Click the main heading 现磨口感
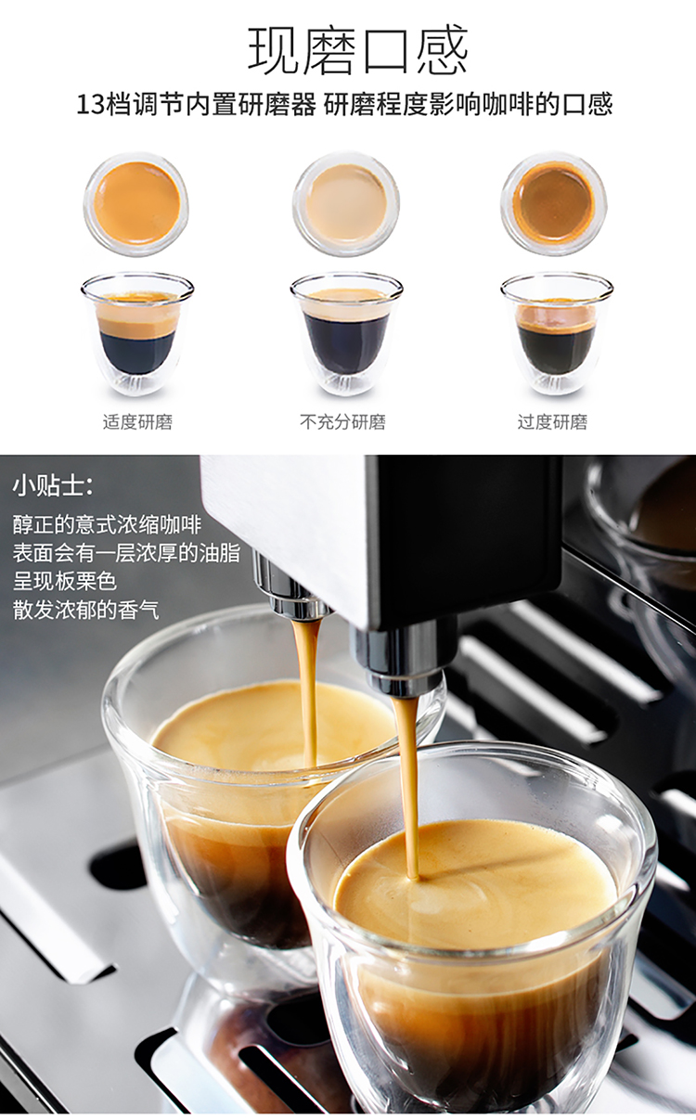click(358, 50)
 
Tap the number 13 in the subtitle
click(91, 105)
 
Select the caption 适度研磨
click(137, 422)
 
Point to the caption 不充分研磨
click(343, 422)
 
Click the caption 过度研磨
click(552, 422)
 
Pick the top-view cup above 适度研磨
click(137, 203)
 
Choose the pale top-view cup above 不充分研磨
click(346, 203)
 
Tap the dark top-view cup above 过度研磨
click(554, 203)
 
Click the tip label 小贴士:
click(53, 486)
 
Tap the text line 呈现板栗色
click(65, 581)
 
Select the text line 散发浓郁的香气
click(86, 610)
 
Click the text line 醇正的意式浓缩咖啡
click(107, 524)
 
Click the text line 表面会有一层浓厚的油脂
click(126, 553)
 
